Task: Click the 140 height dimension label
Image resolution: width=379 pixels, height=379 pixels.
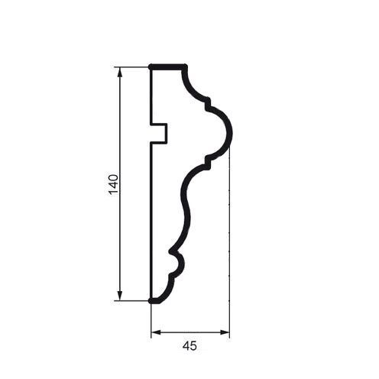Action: pos(114,184)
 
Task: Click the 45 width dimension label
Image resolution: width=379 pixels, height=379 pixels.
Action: pos(189,346)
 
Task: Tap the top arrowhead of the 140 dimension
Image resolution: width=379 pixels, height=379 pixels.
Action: pos(120,73)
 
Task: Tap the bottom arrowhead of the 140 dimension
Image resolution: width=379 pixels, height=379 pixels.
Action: pos(120,296)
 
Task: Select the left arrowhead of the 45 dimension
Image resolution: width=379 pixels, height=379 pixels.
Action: pos(157,332)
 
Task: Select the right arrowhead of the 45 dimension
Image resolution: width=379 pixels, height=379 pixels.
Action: pos(225,332)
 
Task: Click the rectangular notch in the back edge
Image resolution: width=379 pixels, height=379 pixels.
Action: pos(159,134)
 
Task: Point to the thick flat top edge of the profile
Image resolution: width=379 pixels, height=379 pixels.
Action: pos(168,67)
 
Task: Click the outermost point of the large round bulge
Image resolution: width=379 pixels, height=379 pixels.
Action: pos(231,133)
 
